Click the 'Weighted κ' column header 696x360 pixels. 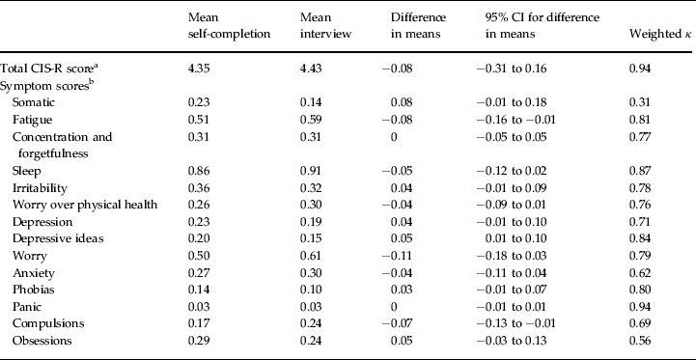(654, 47)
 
